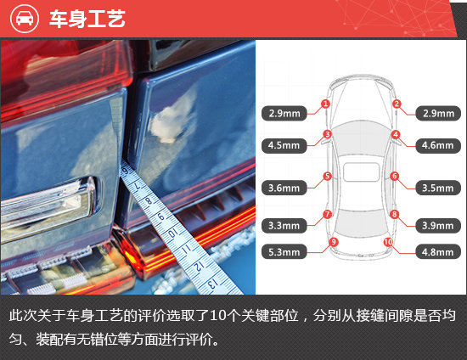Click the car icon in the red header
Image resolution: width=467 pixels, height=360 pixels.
[25, 19]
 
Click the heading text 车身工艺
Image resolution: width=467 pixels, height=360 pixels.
[87, 19]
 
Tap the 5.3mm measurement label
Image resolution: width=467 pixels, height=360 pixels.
[284, 252]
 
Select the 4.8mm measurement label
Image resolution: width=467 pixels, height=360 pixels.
[438, 252]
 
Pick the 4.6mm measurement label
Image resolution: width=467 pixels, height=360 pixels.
[438, 145]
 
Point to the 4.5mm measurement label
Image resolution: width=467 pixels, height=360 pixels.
[284, 145]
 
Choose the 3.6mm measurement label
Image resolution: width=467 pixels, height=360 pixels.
[284, 188]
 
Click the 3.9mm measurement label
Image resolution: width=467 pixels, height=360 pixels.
[438, 225]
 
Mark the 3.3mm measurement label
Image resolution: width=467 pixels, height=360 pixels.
[284, 225]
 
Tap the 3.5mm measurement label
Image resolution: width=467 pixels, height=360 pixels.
[438, 188]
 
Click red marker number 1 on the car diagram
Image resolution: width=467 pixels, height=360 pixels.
[325, 104]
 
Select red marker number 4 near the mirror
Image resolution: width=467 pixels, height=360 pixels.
[396, 134]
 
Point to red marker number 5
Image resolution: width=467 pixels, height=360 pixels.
[327, 176]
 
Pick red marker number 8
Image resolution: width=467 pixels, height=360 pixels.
[394, 214]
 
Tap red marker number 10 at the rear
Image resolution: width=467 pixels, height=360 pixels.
[388, 242]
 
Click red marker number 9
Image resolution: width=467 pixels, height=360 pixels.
[334, 242]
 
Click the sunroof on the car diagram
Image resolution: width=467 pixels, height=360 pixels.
[361, 172]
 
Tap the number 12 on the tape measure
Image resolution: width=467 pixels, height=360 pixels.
[199, 265]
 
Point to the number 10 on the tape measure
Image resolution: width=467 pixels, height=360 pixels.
[172, 233]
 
